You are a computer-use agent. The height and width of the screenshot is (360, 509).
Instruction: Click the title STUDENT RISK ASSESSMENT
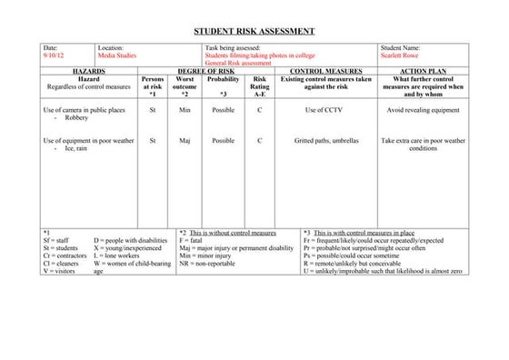(254, 30)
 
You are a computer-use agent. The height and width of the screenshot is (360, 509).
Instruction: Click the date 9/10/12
(55, 55)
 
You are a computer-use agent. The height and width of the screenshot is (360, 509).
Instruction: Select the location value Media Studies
(118, 55)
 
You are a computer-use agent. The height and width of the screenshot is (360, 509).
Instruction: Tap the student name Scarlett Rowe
(402, 55)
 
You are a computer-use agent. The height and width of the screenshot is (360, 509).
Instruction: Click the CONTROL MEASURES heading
(325, 70)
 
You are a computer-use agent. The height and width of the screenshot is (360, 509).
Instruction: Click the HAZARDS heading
(88, 70)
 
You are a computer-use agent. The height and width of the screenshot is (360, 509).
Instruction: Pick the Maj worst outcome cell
(185, 141)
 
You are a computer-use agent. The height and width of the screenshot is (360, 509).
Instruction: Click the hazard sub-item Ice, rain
(78, 149)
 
